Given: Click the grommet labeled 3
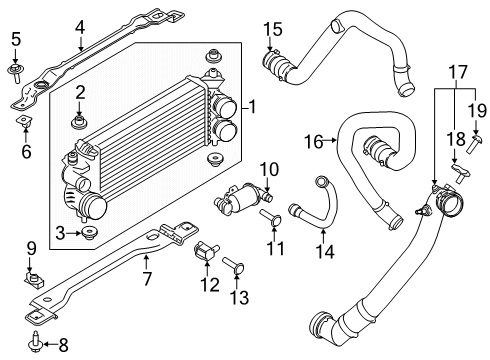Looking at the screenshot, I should [x=87, y=234].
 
